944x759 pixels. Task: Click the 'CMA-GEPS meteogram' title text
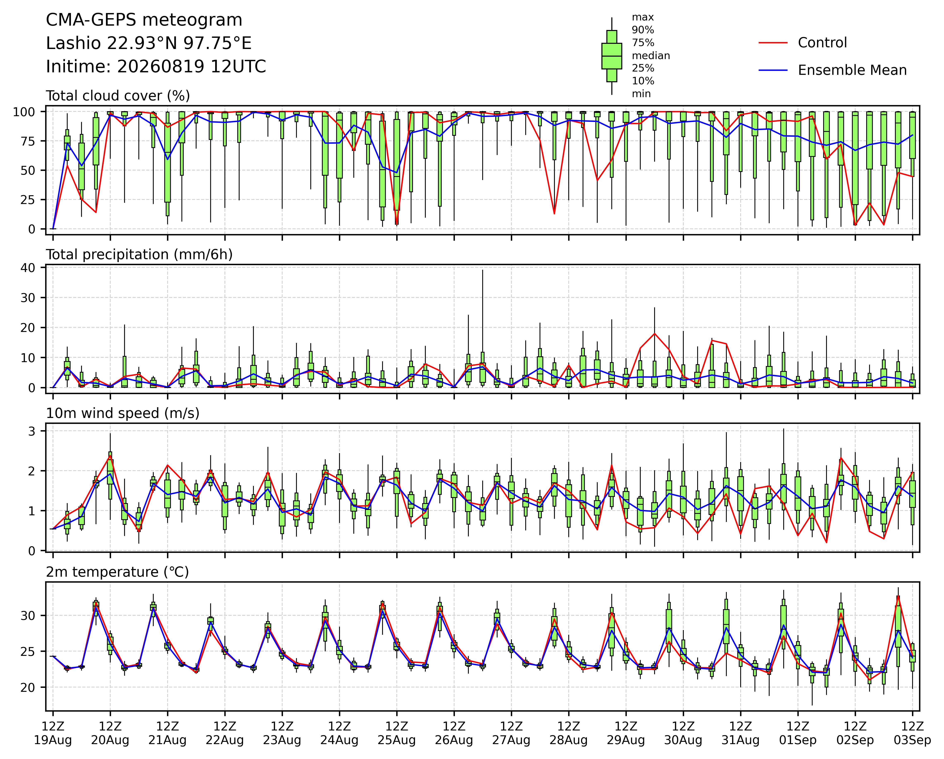tap(144, 20)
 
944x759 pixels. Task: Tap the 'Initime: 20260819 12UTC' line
tap(156, 67)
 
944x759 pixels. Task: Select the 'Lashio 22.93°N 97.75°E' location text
tap(149, 43)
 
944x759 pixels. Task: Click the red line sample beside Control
tap(773, 43)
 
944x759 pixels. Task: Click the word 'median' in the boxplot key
tap(651, 56)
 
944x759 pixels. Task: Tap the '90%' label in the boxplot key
tap(643, 30)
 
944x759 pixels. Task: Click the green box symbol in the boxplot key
tap(612, 56)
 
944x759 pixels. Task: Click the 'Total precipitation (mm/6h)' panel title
tap(139, 255)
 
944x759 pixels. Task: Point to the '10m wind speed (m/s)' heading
tap(123, 413)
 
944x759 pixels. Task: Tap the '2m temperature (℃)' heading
tap(117, 572)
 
